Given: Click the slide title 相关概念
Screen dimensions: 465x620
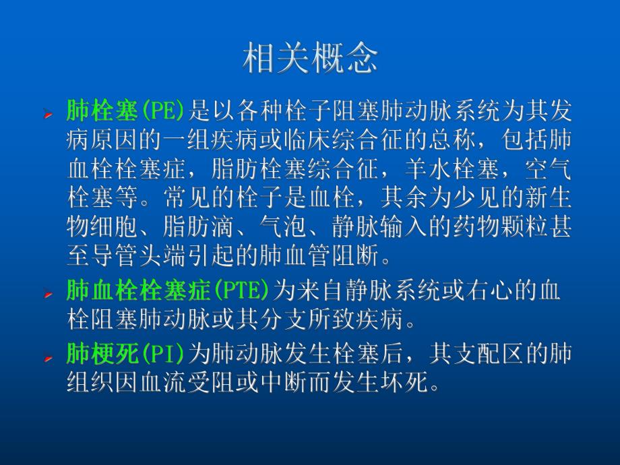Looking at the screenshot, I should coord(309,59).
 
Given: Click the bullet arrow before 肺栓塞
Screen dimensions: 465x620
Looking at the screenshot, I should coord(48,114).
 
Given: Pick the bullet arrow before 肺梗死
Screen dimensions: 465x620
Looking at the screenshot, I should coord(48,356).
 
